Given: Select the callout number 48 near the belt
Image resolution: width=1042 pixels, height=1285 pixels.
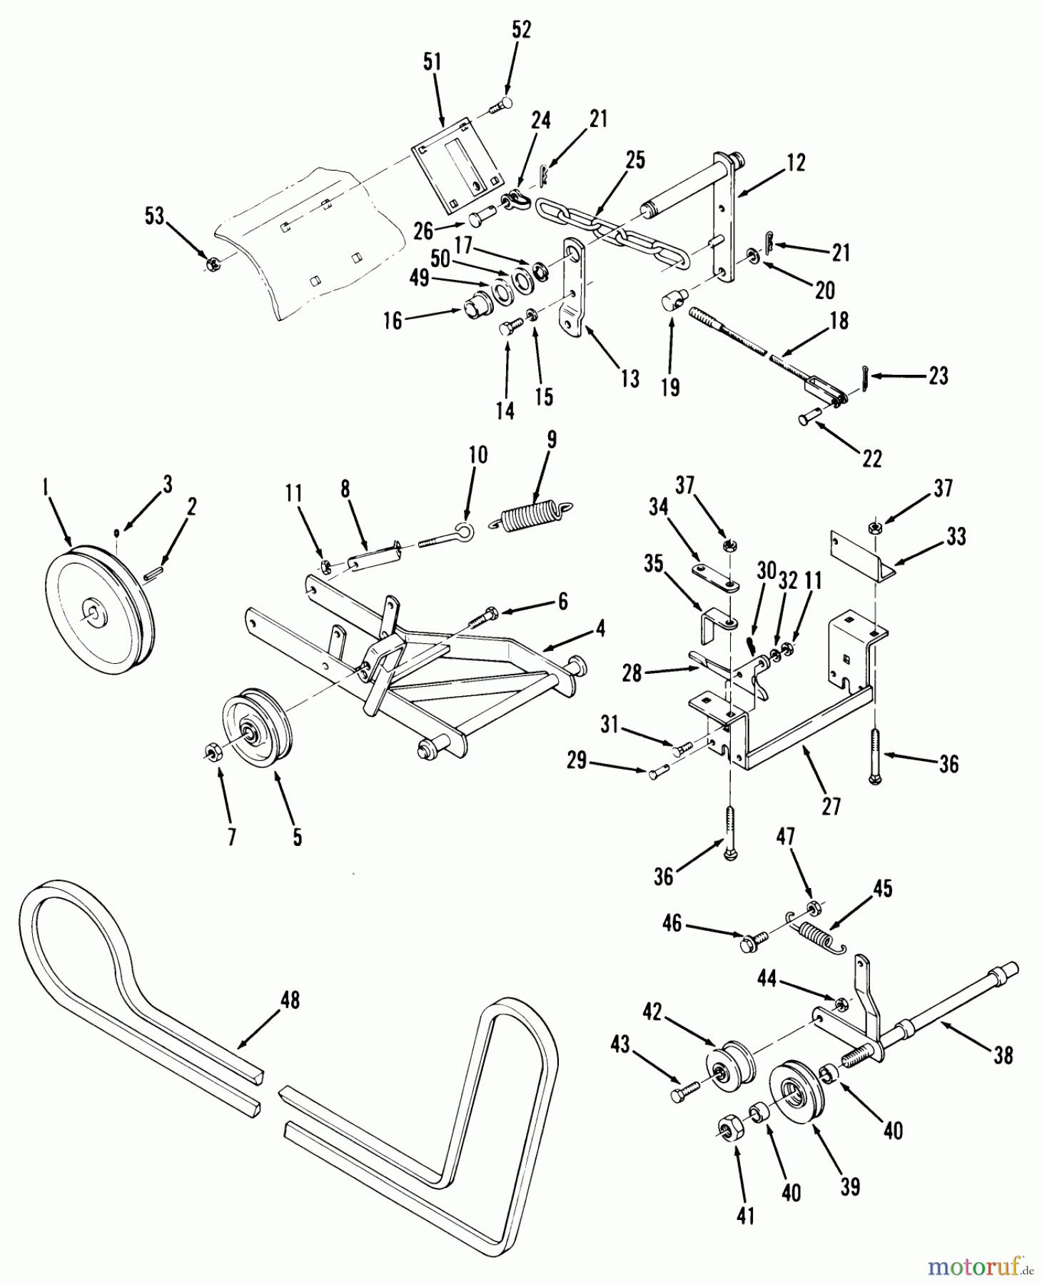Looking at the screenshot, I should [x=290, y=1001].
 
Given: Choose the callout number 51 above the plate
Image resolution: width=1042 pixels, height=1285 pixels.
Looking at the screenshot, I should [x=432, y=63].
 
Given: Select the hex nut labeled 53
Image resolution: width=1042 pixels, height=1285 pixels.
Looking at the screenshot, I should [x=211, y=264].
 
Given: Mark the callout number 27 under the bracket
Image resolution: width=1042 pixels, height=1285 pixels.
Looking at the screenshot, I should [x=831, y=807].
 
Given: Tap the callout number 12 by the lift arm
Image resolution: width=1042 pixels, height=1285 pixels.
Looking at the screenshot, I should [x=796, y=163].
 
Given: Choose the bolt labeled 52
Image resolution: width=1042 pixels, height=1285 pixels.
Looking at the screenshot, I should [x=500, y=106].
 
